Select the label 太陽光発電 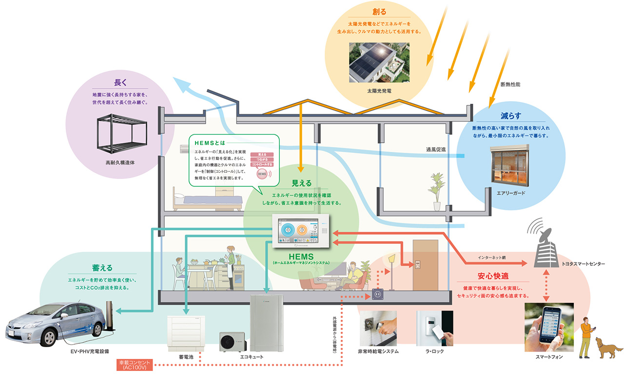point(379,91)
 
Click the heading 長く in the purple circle point(120,82)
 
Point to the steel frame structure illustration point(120,134)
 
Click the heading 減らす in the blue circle point(510,116)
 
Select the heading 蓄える point(102,268)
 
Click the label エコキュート point(252,357)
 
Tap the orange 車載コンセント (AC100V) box point(135,365)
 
